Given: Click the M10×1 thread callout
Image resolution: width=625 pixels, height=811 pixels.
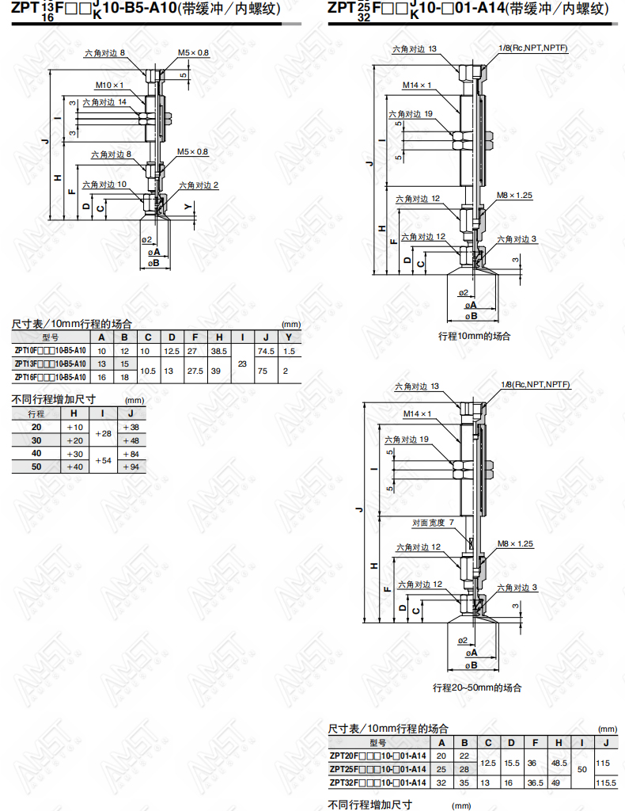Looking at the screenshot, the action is [109, 86].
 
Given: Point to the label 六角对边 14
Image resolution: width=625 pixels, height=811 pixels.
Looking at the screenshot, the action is [104, 102].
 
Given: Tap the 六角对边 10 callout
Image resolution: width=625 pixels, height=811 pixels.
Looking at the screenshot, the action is [104, 185].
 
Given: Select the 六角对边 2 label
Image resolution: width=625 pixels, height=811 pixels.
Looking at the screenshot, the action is [199, 185].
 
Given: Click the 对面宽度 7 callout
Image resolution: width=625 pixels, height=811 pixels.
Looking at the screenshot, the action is [433, 523].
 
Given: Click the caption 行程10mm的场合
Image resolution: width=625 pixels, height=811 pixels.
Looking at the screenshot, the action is [474, 336].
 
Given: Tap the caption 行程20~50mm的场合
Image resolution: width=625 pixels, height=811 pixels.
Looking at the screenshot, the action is [477, 688].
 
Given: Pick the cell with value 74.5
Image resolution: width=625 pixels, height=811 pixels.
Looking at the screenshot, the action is [266, 351].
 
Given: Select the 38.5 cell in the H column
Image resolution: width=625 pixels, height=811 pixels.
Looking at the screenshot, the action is [219, 351].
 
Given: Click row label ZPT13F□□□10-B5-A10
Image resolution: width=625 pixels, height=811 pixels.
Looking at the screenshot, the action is [50, 364].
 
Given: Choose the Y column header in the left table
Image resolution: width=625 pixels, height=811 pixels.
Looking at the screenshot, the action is [289, 337].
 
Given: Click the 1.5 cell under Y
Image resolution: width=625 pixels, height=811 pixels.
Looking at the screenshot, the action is [290, 351].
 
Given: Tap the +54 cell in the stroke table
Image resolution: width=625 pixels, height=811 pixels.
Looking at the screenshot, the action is [104, 460].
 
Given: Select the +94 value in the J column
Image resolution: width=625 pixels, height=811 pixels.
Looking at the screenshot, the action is [131, 467].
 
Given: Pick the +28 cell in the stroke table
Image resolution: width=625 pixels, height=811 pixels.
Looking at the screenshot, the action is [104, 433].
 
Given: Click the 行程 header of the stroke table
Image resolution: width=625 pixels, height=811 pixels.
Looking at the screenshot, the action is [36, 413].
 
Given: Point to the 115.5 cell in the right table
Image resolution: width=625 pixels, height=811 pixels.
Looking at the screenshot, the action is [606, 783].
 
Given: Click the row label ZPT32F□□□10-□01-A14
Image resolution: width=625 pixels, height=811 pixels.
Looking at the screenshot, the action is [378, 783].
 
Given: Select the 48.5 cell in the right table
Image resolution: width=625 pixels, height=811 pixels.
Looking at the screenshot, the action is [559, 763].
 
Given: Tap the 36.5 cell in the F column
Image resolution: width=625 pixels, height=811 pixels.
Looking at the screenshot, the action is [535, 783].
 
